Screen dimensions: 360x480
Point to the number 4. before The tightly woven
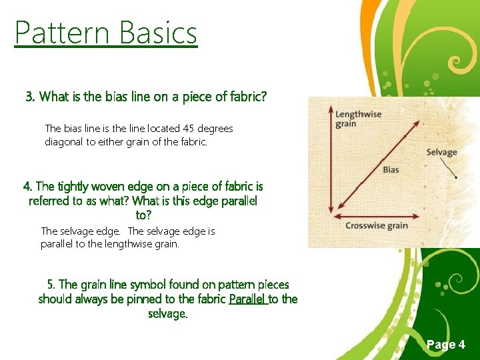[x=28, y=187]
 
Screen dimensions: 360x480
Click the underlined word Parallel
[x=247, y=299]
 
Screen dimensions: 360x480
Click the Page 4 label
[x=445, y=345]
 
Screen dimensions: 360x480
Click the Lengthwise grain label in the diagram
[x=358, y=119]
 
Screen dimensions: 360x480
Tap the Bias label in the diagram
[x=391, y=170]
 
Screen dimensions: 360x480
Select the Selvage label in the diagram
[x=441, y=153]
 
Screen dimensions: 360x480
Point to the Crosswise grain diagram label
[x=376, y=226]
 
